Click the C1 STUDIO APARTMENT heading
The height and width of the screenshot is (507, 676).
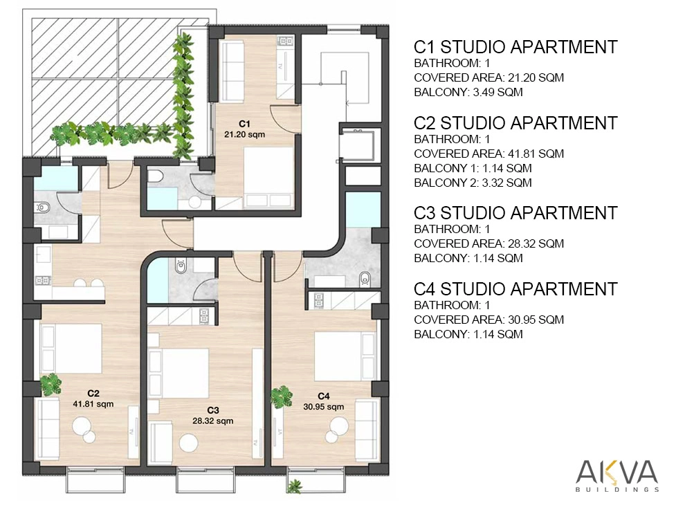[x=515, y=47]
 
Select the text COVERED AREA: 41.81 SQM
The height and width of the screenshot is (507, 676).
[x=489, y=154]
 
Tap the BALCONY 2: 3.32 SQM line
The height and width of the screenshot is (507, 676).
[x=473, y=183]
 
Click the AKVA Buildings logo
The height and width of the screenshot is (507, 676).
[x=617, y=476]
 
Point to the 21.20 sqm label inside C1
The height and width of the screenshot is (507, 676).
[x=244, y=134]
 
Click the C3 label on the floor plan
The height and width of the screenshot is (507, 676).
[x=213, y=410]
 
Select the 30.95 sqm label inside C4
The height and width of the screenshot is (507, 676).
[x=323, y=407]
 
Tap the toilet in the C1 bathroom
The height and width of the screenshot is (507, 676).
[x=155, y=176]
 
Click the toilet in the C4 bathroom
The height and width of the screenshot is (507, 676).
[x=365, y=279]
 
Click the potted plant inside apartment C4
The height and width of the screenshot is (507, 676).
[x=282, y=396]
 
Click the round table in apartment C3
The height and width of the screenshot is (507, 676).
[x=189, y=443]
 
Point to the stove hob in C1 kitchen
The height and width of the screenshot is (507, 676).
[x=285, y=42]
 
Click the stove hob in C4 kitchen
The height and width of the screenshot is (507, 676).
[x=318, y=300]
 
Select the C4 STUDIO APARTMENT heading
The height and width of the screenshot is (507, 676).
[x=515, y=289]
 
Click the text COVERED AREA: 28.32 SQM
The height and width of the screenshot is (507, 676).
[x=489, y=244]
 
